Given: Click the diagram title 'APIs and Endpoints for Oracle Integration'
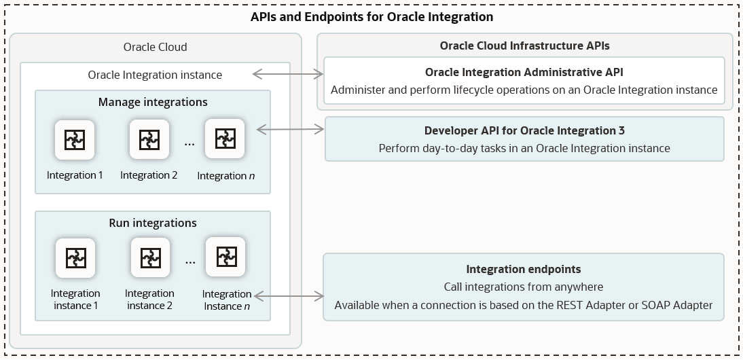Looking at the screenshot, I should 371,16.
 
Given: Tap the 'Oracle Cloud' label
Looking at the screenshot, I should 155,47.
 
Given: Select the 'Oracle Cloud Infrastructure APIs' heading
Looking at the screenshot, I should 524,46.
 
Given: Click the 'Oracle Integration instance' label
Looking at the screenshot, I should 155,75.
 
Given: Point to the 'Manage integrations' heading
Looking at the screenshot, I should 153,103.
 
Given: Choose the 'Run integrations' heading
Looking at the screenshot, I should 153,223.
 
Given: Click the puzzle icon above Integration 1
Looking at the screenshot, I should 75,140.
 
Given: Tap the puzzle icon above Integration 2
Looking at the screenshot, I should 149,140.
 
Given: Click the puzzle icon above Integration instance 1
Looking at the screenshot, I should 75,258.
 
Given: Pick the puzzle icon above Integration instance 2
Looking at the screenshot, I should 149,258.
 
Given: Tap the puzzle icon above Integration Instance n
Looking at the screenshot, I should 225,257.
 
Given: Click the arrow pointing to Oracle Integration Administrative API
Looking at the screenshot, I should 288,73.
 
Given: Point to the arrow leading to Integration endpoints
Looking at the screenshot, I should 288,296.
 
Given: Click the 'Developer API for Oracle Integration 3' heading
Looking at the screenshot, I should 524,130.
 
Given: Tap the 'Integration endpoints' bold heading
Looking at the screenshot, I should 523,270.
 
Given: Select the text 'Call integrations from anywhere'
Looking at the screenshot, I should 523,287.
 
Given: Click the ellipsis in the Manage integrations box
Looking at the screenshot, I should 189,144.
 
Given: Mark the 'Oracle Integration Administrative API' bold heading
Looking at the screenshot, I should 524,72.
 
